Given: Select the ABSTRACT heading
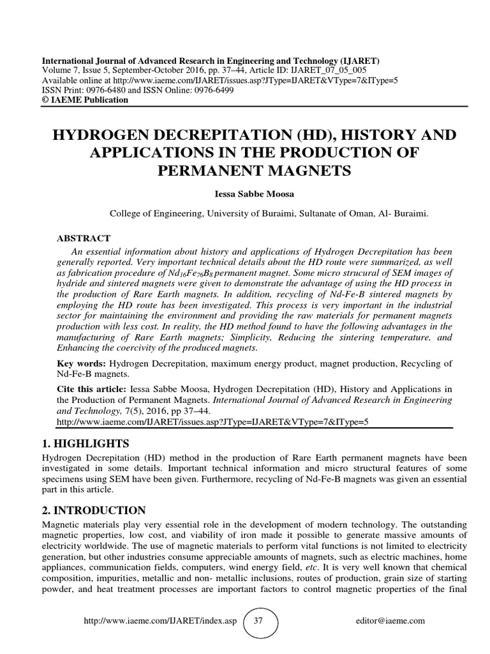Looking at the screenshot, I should tap(84, 238).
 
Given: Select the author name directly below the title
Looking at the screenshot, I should tap(245, 194).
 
